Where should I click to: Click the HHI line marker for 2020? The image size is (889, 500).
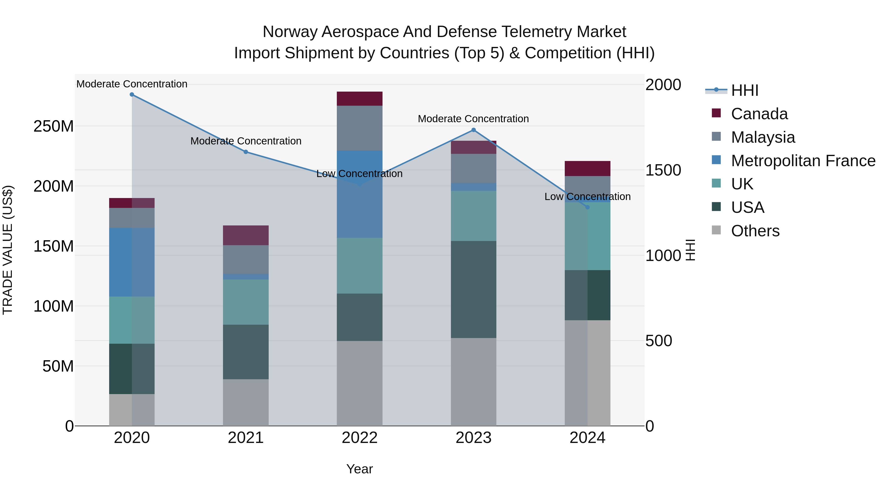132,95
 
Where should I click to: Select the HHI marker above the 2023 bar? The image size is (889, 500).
473,130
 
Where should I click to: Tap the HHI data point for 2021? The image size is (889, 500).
246,152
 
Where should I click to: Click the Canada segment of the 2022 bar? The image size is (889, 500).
360,99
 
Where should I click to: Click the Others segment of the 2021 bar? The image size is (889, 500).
246,402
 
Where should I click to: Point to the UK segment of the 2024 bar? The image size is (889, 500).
587,236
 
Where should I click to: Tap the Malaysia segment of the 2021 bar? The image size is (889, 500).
246,260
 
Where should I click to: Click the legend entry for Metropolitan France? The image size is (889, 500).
803,161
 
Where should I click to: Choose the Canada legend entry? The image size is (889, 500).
759,114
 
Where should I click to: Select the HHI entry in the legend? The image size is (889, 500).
744,90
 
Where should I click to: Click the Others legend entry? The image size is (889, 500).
755,231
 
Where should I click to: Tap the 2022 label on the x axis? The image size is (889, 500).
360,438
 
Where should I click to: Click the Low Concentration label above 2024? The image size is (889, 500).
587,197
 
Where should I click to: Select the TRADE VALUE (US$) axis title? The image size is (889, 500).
8,250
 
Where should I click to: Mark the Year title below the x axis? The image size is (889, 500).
360,469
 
